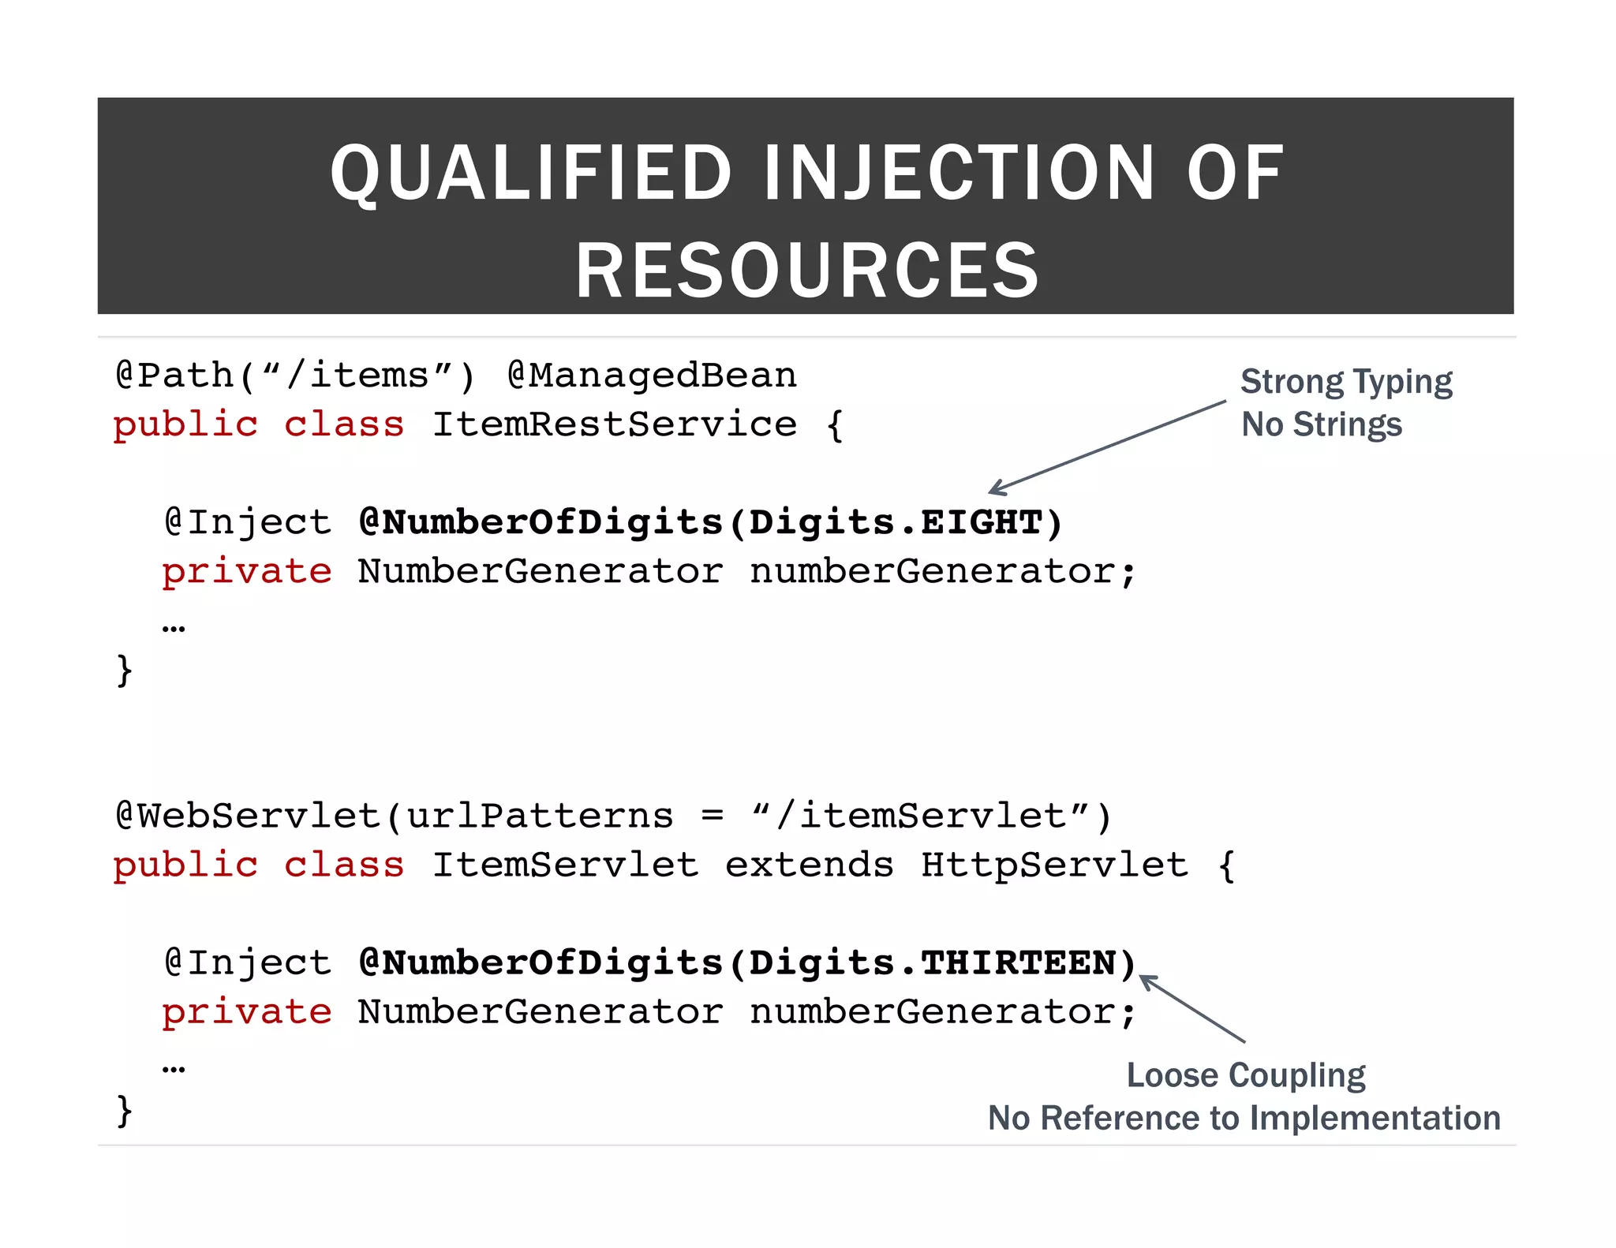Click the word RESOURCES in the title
pos(806,271)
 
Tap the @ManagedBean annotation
pos(652,376)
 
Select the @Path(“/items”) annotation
pos(296,376)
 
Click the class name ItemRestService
pos(615,424)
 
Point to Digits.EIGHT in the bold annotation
pos(896,523)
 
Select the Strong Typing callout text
pos(1346,382)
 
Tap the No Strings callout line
pos(1322,424)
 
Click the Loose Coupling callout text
pos(1245,1075)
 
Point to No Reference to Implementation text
pos(1244,1118)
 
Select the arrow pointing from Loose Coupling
pos(1192,1009)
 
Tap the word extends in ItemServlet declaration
pos(809,865)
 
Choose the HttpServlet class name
pos(1054,865)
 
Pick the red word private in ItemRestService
pos(247,571)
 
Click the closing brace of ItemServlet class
pos(124,1110)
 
